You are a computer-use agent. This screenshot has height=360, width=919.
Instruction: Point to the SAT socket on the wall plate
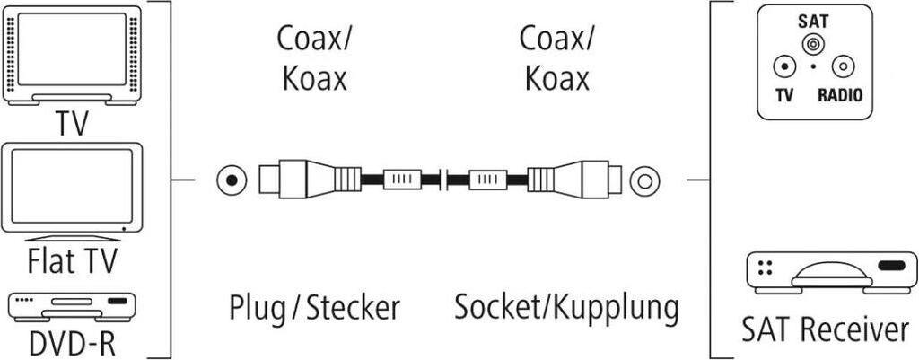click(813, 44)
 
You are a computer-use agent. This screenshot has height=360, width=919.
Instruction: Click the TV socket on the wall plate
click(784, 67)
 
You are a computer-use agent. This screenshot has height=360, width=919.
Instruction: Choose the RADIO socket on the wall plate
click(843, 67)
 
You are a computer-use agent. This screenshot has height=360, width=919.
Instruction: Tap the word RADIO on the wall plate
click(844, 93)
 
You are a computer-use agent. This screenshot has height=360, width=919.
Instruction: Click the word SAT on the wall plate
click(813, 20)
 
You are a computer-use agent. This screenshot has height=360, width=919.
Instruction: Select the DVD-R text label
click(74, 344)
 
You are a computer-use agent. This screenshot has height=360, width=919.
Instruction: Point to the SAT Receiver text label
click(825, 329)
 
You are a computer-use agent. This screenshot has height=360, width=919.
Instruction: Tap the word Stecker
click(352, 308)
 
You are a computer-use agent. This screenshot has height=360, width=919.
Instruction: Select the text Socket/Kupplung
click(565, 308)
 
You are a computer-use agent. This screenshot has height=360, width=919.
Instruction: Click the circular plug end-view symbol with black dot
click(232, 180)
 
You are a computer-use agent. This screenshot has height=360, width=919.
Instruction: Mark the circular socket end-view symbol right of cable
click(643, 180)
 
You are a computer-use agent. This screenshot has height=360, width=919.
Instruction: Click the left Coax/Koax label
click(314, 58)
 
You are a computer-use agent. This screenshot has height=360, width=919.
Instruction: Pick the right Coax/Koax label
click(556, 58)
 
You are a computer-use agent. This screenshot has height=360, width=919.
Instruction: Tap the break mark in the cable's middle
click(444, 180)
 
